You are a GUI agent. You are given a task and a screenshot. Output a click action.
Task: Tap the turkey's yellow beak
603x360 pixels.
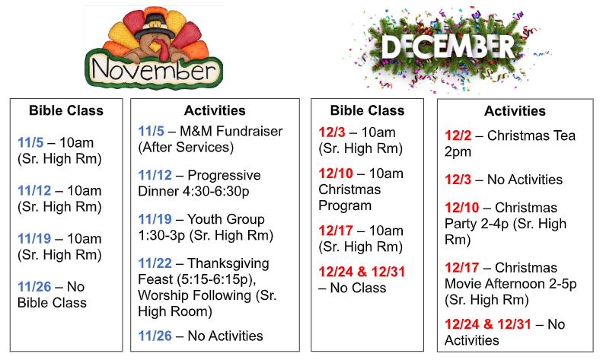[155, 46]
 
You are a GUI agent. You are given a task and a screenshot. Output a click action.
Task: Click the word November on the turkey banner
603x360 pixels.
[154, 69]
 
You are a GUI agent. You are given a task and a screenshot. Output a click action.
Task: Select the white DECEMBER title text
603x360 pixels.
[448, 47]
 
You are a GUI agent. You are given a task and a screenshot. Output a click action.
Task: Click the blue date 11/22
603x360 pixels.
[155, 263]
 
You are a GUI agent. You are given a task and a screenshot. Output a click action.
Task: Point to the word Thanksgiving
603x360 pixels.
[228, 264]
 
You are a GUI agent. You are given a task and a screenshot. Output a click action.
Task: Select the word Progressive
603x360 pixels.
[224, 175]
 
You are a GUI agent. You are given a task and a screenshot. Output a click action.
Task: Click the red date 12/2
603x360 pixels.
[458, 135]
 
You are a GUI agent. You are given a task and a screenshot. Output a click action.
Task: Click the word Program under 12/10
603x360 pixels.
[345, 205]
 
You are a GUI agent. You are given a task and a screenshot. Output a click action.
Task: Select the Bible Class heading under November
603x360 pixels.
[66, 111]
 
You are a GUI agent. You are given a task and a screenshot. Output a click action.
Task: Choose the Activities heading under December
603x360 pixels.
[515, 111]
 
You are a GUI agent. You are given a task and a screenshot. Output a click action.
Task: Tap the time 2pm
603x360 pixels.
[458, 152]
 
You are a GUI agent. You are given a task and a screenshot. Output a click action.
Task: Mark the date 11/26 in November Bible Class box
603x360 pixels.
[34, 287]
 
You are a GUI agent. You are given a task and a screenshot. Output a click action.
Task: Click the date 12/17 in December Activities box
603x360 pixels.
[462, 268]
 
